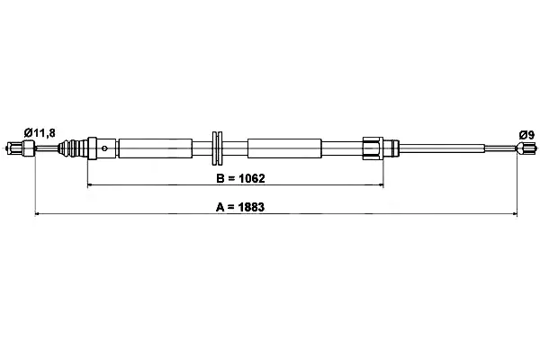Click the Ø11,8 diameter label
[x=40, y=132]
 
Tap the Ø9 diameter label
[x=526, y=135]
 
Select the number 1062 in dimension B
[x=252, y=178]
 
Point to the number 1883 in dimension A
[x=251, y=207]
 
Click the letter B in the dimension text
[x=220, y=178]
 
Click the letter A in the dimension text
[x=220, y=207]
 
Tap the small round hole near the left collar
[x=104, y=148]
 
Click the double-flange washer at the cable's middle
[x=217, y=148]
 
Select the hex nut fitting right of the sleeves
[x=373, y=148]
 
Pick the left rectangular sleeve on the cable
[x=155, y=148]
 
